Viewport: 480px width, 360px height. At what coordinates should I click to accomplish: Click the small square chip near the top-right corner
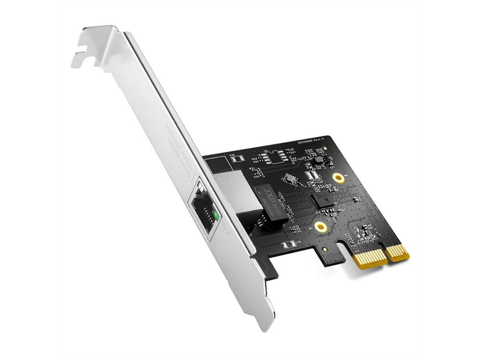click(318, 160)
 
